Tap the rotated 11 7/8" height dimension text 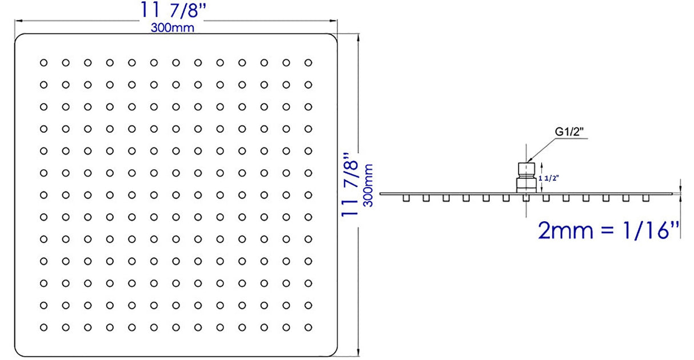point(350,184)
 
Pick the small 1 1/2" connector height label point(549,178)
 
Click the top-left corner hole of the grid point(43,62)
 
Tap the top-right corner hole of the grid point(308,62)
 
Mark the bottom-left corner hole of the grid point(43,327)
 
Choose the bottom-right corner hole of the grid point(308,327)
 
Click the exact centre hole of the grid point(176,195)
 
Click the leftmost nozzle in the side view point(406,198)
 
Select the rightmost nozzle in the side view point(645,198)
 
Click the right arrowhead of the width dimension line point(335,21)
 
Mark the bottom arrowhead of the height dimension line point(358,354)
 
